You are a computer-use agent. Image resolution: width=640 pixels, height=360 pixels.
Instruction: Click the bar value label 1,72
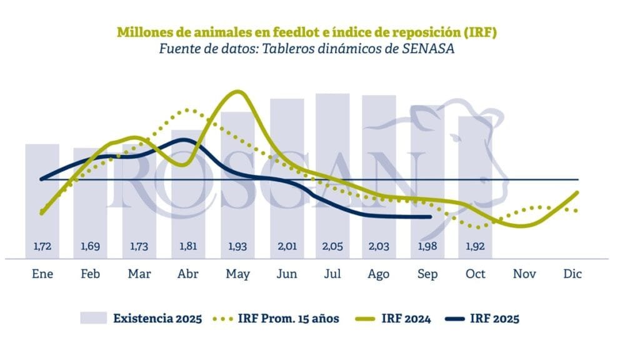42,247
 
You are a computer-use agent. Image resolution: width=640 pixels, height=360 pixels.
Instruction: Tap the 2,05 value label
332,247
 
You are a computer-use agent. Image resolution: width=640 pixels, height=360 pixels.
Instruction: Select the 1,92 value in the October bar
476,247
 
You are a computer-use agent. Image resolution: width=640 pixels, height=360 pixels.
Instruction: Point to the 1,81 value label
188,247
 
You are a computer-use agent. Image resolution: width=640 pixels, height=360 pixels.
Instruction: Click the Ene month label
42,274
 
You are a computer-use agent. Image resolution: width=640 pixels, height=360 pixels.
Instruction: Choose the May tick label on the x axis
237,274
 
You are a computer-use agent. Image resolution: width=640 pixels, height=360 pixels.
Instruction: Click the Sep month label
427,274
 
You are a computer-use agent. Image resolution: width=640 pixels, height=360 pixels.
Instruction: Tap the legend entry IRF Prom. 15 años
288,319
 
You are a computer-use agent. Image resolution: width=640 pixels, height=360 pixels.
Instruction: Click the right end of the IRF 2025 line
430,217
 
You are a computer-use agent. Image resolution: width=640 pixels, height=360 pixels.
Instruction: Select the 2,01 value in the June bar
287,247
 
